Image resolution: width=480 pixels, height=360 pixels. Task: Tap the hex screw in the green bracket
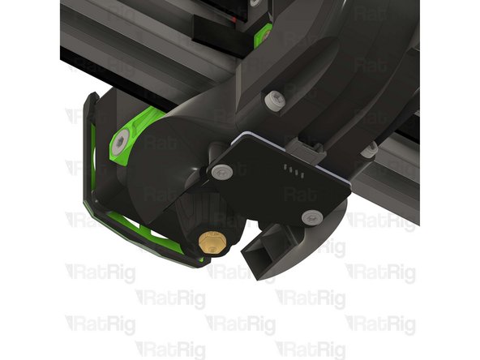tap(120, 144)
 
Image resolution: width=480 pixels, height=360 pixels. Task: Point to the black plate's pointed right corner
tap(348, 185)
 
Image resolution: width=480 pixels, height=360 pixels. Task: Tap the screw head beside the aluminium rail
tap(369, 149)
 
